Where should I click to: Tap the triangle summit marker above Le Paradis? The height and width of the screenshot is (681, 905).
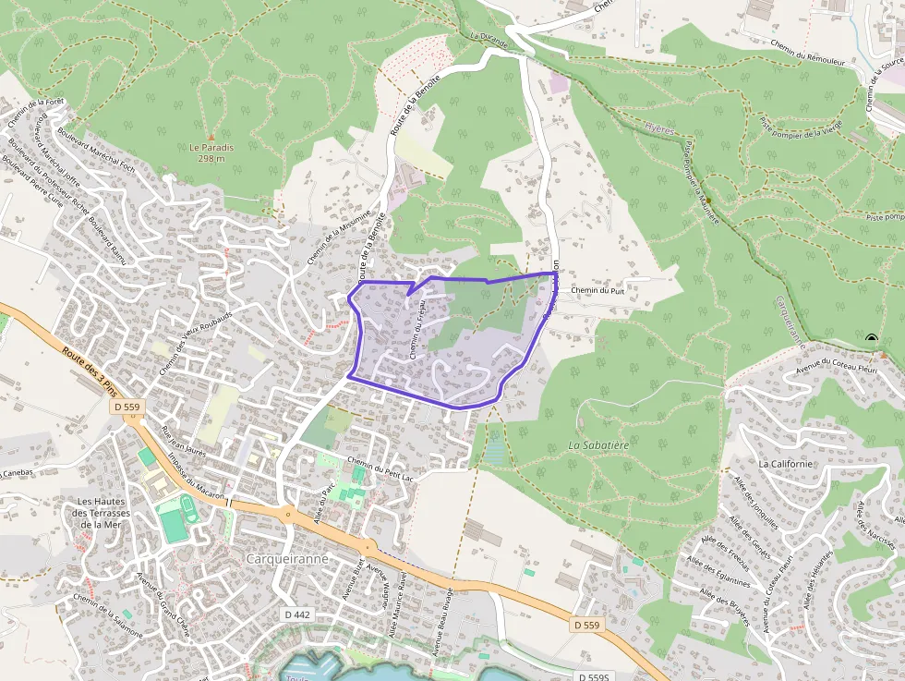point(211,135)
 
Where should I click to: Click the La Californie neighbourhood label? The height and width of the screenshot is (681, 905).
point(785,463)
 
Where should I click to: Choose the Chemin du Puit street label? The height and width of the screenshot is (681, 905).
point(598,290)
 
